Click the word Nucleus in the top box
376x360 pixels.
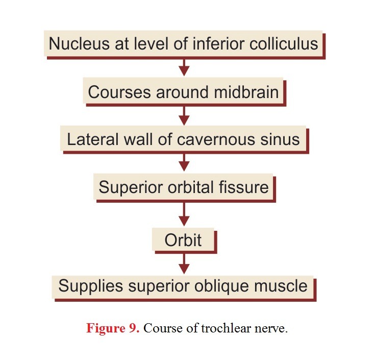click(79, 43)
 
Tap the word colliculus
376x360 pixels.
click(284, 43)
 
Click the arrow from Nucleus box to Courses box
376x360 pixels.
click(184, 67)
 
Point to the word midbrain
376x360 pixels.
click(246, 92)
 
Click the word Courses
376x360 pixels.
click(119, 92)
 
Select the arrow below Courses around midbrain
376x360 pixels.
click(184, 116)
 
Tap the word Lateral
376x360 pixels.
click(93, 139)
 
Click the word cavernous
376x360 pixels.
click(216, 140)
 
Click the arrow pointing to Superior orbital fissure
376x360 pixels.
click(184, 162)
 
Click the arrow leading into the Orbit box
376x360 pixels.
click(184, 214)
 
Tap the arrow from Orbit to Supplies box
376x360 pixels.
click(184, 263)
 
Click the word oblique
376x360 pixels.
click(221, 286)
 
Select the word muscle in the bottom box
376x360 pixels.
click(281, 286)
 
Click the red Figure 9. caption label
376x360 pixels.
click(113, 328)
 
